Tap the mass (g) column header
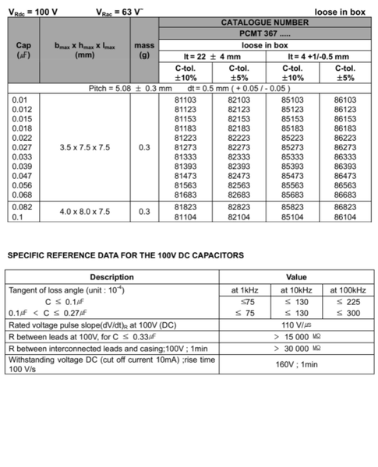pyautogui.click(x=144, y=51)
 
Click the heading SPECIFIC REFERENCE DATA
pyautogui.click(x=125, y=255)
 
